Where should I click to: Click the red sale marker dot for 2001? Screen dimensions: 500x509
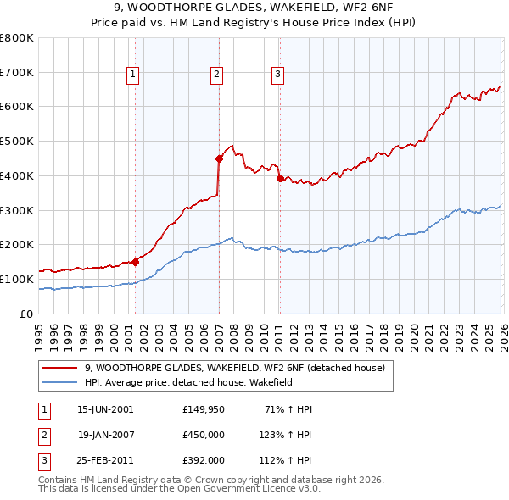[x=135, y=262]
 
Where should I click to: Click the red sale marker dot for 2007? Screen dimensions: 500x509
[x=219, y=158]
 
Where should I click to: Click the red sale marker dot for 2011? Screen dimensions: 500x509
[x=280, y=178]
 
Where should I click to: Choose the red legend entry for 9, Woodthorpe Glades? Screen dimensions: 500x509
[x=235, y=368]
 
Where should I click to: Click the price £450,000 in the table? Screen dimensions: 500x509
[x=204, y=435]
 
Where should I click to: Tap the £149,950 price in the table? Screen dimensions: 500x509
[x=204, y=409]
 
